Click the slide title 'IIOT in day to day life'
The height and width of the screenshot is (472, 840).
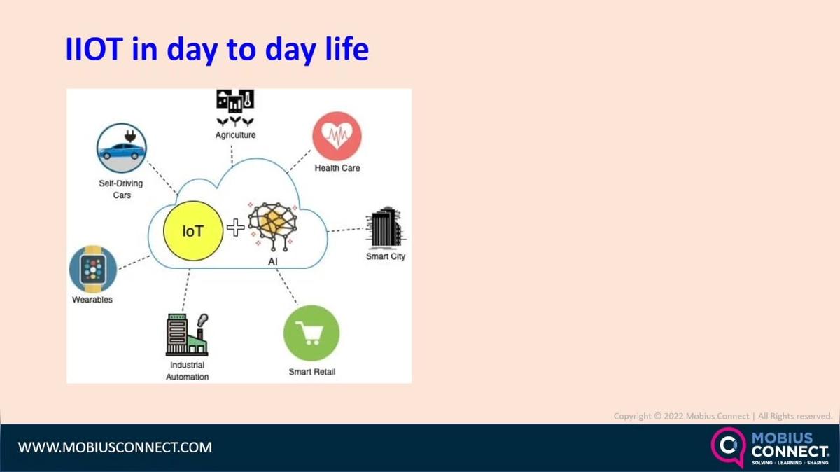(x=216, y=50)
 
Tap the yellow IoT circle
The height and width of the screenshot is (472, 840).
(x=193, y=230)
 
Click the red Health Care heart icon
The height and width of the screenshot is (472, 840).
(x=337, y=136)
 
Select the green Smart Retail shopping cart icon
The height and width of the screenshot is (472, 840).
(x=311, y=333)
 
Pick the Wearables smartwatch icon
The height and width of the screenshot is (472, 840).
(x=93, y=269)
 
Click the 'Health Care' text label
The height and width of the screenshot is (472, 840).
(x=337, y=168)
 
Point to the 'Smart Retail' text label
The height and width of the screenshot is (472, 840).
(x=311, y=372)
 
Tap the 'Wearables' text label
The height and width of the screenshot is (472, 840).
(x=92, y=300)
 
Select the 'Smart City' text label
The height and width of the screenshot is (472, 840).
(x=386, y=256)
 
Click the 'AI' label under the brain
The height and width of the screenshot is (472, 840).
(x=273, y=261)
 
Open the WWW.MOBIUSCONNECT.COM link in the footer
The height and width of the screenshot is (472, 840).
(x=115, y=447)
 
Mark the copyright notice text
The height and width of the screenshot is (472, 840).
(x=722, y=416)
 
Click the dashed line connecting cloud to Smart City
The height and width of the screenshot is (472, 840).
(x=346, y=229)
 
